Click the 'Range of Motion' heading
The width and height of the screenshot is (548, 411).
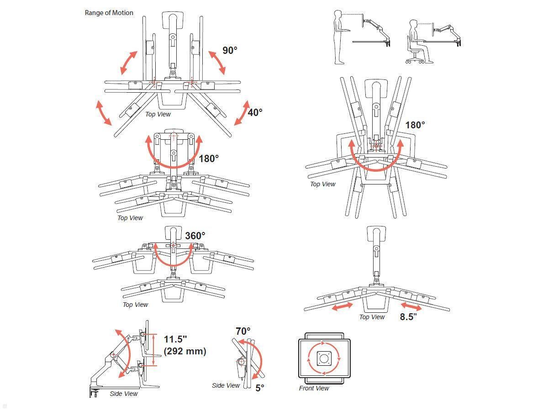(x=109, y=13)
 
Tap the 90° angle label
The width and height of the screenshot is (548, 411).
(x=230, y=50)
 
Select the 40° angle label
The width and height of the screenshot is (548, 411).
(x=255, y=112)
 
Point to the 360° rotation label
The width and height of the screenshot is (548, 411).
(x=195, y=236)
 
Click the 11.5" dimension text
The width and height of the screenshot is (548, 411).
(x=176, y=339)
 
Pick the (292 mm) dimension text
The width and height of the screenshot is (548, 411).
(x=185, y=351)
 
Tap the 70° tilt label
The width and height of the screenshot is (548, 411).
(x=243, y=331)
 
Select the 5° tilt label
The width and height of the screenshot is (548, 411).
(x=259, y=388)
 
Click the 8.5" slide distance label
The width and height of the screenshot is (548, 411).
(x=408, y=317)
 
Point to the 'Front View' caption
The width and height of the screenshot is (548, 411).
(x=314, y=388)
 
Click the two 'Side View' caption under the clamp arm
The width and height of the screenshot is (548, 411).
(x=124, y=394)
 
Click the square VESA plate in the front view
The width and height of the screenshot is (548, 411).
(x=324, y=358)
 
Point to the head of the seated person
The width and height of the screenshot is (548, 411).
(x=414, y=24)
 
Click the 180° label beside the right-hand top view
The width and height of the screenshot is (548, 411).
(x=415, y=125)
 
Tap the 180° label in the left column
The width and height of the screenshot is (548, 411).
(x=209, y=158)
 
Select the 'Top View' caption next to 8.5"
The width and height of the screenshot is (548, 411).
(x=372, y=317)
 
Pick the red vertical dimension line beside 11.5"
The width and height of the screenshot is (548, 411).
(x=154, y=349)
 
